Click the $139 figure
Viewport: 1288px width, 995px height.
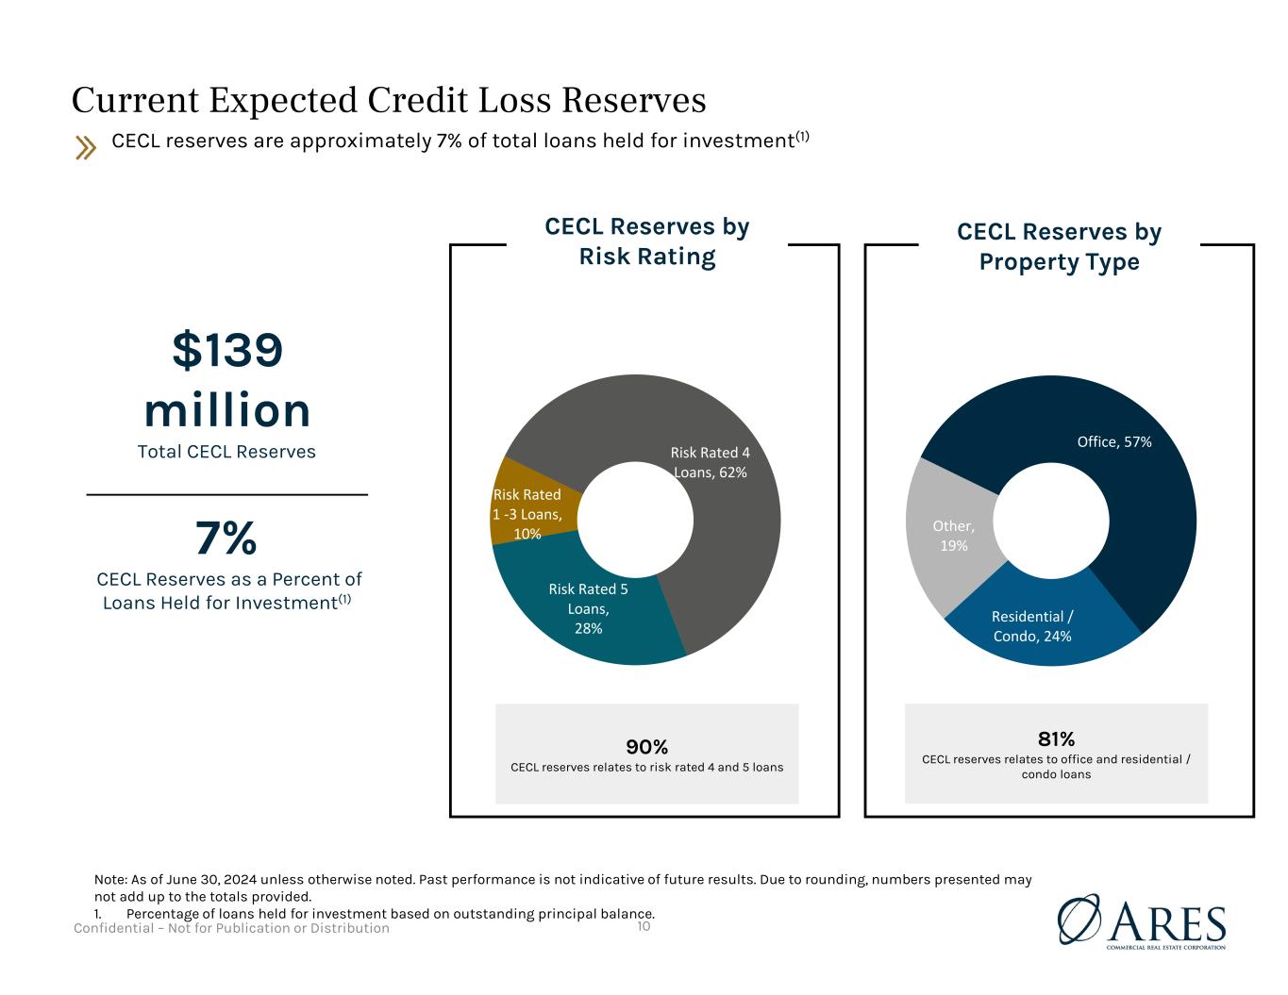pyautogui.click(x=227, y=351)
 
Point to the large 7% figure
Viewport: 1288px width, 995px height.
pyautogui.click(x=226, y=539)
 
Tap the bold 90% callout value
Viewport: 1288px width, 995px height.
pyautogui.click(x=647, y=747)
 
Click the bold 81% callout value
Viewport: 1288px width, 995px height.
pyautogui.click(x=1056, y=738)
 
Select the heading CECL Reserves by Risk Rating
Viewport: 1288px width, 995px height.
pyautogui.click(x=647, y=241)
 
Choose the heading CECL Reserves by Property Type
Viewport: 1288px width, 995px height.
pyautogui.click(x=1059, y=246)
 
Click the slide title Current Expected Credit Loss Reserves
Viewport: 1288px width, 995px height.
pyautogui.click(x=389, y=100)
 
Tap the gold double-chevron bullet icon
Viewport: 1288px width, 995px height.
pyautogui.click(x=86, y=147)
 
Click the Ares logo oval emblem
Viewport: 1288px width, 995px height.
pyautogui.click(x=1079, y=919)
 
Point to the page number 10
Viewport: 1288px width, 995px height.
pyautogui.click(x=644, y=926)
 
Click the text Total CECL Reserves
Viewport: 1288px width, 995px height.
pyautogui.click(x=226, y=452)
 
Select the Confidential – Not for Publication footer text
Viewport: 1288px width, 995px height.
pyautogui.click(x=232, y=928)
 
